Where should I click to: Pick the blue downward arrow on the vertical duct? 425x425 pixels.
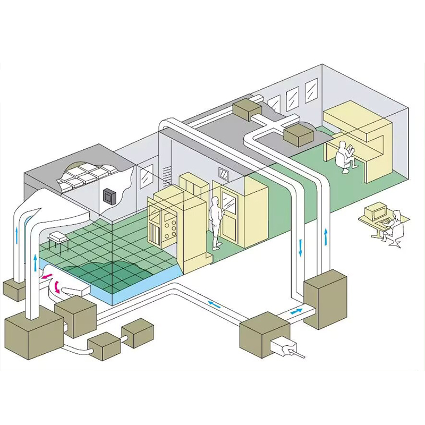(301, 247)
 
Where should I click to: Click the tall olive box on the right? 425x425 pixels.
(325, 299)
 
